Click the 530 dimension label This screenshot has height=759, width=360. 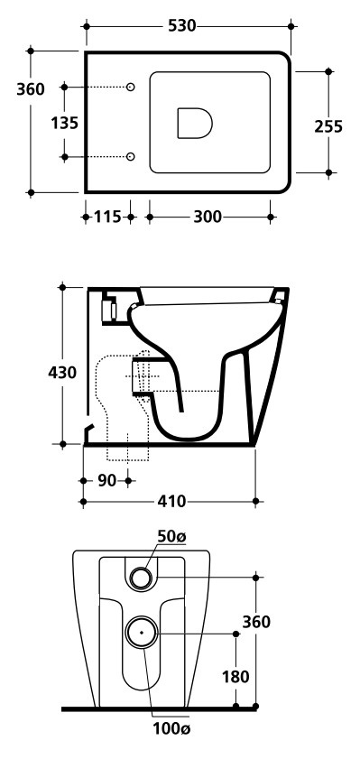pyautogui.click(x=182, y=25)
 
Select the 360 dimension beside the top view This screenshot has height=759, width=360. pyautogui.click(x=31, y=89)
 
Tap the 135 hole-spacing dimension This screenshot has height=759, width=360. pyautogui.click(x=64, y=123)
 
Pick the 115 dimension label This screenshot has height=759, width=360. pyautogui.click(x=107, y=217)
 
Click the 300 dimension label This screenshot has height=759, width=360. pyautogui.click(x=208, y=217)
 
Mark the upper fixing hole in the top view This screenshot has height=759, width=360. pyautogui.click(x=130, y=88)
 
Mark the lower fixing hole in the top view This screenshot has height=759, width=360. pyautogui.click(x=130, y=156)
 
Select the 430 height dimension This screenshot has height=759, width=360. pyautogui.click(x=62, y=373)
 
